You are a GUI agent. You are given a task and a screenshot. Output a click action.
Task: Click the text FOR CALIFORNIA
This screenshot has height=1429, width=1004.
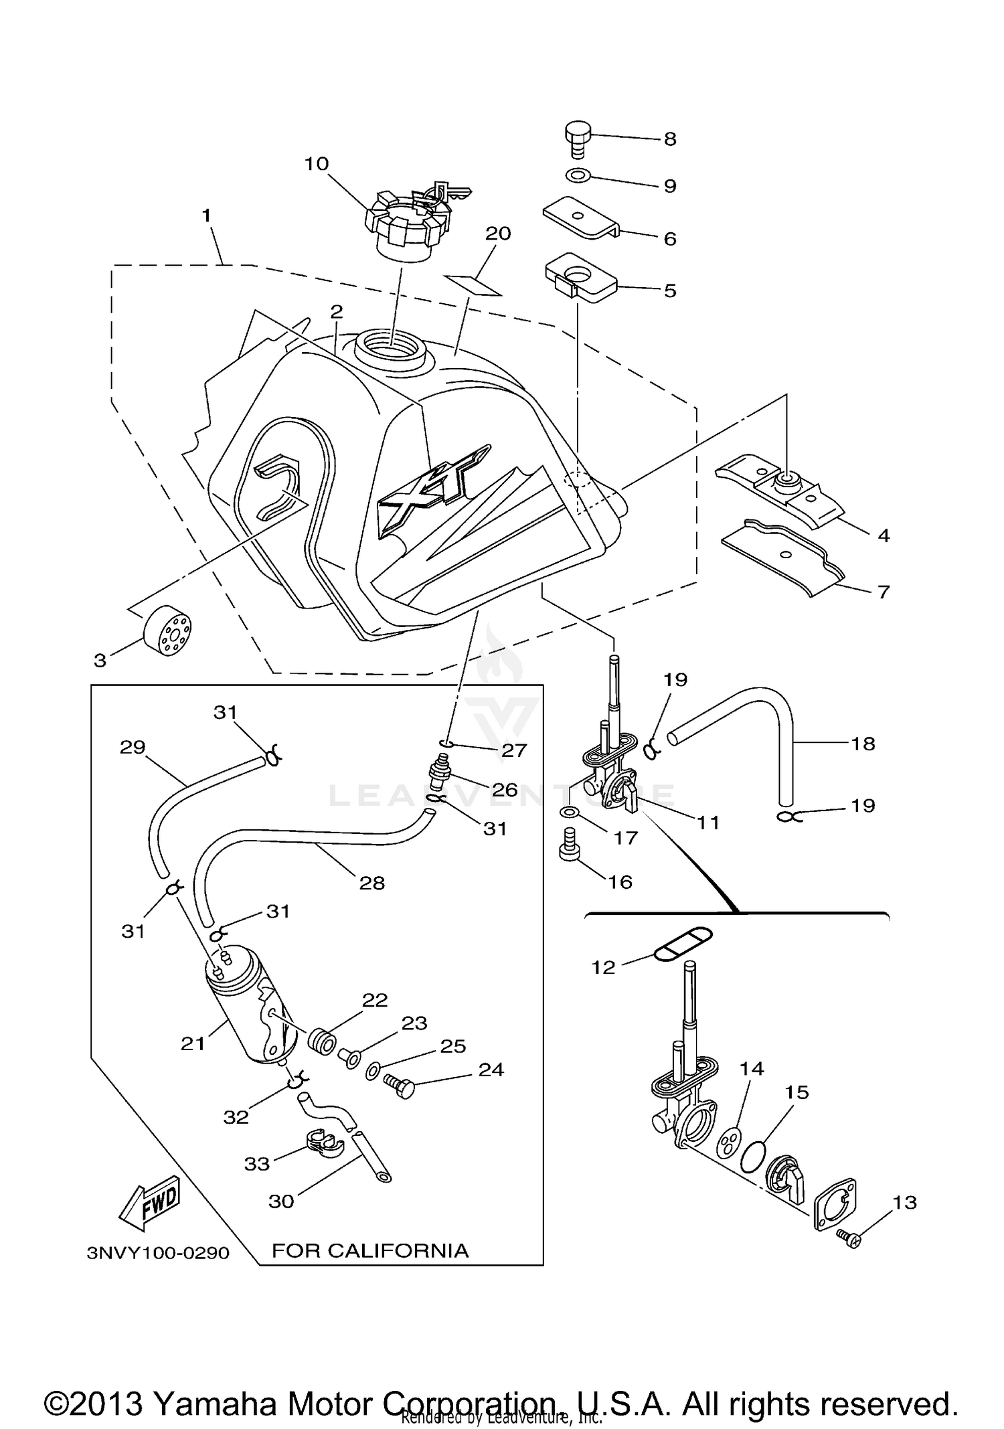point(370,1250)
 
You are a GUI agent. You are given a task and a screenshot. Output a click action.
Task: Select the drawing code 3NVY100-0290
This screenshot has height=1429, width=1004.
point(158,1253)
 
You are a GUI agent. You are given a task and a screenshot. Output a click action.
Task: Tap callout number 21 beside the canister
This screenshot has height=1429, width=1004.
point(193,1043)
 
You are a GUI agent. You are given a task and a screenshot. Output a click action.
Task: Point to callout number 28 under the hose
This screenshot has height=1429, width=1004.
point(372,883)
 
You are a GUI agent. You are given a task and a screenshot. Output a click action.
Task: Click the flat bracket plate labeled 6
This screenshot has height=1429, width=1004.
point(579,217)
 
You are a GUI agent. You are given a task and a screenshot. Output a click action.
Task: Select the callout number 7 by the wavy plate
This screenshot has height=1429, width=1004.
point(884,592)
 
